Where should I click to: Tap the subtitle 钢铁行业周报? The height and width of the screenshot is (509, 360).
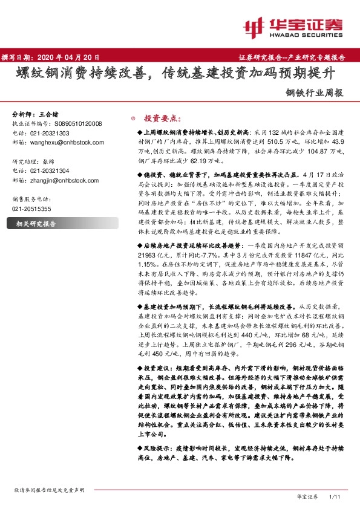point(315,94)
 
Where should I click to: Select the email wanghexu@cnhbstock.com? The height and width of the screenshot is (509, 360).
point(59,142)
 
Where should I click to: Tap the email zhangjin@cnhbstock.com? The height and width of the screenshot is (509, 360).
point(59,180)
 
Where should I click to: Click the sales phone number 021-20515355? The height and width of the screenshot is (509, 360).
point(32,209)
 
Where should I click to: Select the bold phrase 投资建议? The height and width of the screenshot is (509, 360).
point(159,368)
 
